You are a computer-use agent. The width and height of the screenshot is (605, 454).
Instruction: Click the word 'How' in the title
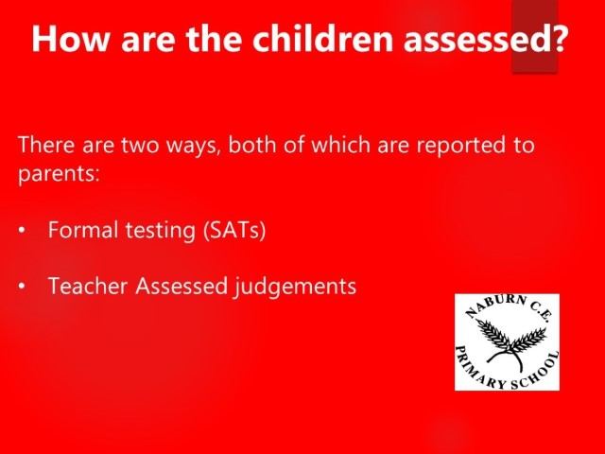coord(70,39)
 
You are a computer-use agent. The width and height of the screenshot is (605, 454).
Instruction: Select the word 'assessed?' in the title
coord(485,39)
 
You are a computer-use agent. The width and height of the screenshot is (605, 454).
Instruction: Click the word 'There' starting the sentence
coord(46,145)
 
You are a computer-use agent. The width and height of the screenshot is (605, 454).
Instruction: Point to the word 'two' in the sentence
coord(141,146)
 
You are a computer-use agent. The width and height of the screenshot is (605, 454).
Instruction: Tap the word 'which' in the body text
coord(340,145)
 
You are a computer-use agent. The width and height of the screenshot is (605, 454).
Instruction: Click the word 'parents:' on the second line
coord(59,174)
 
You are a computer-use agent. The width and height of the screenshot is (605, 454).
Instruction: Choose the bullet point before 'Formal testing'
coord(22,230)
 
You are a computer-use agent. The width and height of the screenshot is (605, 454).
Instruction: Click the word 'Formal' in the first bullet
coord(83,230)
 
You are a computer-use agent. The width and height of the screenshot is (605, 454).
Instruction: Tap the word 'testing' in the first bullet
coord(161,231)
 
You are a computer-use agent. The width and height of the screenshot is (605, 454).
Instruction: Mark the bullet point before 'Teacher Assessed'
coord(22,287)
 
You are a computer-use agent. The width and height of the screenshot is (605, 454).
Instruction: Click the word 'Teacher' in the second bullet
coord(88,286)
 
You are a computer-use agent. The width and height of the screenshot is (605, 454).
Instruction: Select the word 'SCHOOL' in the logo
coord(537,372)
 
